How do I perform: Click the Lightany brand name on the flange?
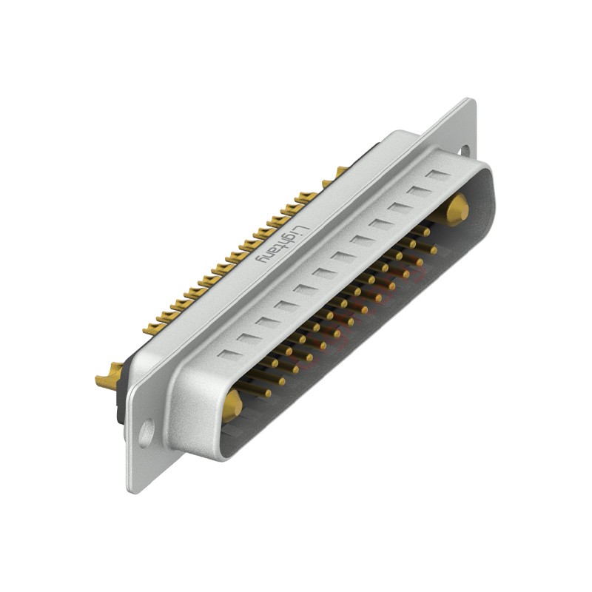[x=280, y=245]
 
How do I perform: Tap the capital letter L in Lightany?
[x=298, y=226]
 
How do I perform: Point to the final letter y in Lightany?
[x=261, y=260]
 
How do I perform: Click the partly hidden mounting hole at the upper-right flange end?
[x=465, y=150]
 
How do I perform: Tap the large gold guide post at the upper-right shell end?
[x=457, y=210]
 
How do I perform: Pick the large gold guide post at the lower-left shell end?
[x=232, y=404]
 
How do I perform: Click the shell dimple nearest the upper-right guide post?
[x=440, y=175]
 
